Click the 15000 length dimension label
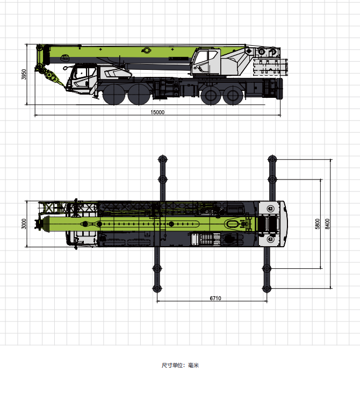point(157,112)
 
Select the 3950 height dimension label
point(24,74)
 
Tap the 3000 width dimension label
point(24,224)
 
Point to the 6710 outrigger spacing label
point(215,298)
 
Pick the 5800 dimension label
point(318,224)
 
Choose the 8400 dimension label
point(327,224)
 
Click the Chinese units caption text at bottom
point(180,365)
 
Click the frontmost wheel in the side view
point(114,94)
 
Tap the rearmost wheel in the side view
point(233,95)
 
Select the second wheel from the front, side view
point(139,94)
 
